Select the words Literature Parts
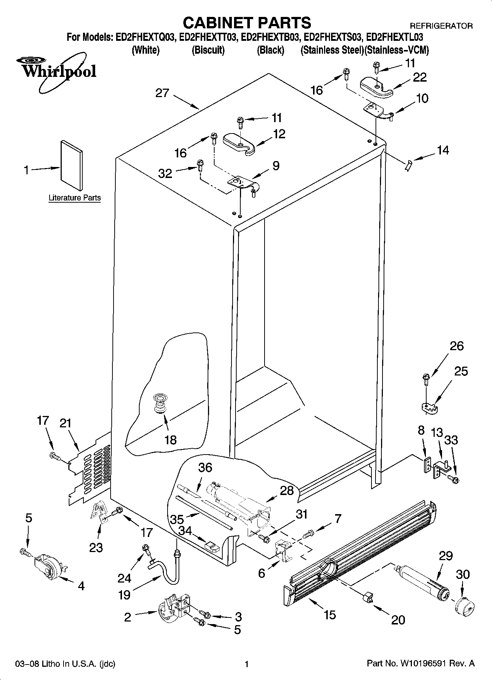point(75,198)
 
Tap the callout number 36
point(205,467)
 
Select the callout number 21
point(65,423)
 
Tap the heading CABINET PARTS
point(247,23)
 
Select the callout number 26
point(457,346)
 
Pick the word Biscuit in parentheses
point(208,50)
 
